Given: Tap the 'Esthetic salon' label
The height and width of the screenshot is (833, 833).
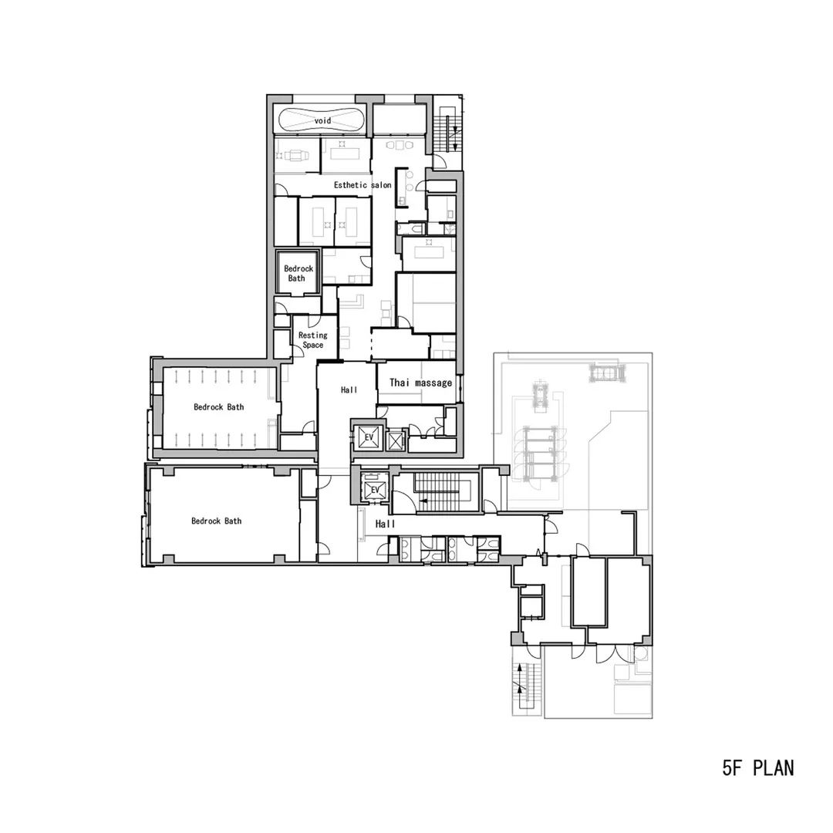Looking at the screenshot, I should tap(363, 186).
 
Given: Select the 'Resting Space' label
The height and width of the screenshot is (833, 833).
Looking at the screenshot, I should tap(312, 340).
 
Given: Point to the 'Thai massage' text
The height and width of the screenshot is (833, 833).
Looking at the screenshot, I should tap(420, 383).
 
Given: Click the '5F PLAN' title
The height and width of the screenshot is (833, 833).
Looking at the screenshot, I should tap(758, 768).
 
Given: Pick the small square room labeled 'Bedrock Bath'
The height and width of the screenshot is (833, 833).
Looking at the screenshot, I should tap(296, 273).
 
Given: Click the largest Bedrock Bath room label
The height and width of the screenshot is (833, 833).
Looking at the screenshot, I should tap(216, 521).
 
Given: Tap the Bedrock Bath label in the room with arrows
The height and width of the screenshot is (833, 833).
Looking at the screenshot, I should tap(218, 407).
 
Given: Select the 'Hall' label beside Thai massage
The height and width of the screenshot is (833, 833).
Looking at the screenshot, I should tap(349, 391).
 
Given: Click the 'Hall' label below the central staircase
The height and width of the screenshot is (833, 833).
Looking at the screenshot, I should tap(385, 524).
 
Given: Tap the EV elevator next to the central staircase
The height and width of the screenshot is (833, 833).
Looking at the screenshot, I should tap(375, 491).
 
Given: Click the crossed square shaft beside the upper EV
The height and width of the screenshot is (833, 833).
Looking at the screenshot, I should tap(396, 441).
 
